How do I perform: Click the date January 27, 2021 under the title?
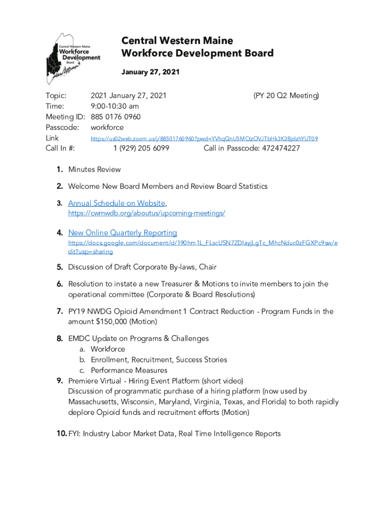click(150, 72)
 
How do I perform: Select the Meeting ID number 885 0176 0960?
click(116, 117)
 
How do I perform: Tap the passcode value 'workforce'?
click(107, 127)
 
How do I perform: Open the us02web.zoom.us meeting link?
click(204, 138)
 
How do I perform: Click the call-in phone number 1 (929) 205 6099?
click(141, 148)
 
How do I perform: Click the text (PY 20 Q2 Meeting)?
click(286, 95)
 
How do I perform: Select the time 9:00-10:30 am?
click(115, 106)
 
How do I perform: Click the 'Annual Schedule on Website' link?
click(116, 203)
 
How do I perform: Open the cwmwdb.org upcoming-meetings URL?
click(146, 213)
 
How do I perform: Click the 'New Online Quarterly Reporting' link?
click(122, 233)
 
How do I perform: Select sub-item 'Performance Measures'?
click(129, 370)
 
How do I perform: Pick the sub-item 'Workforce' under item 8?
click(108, 349)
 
